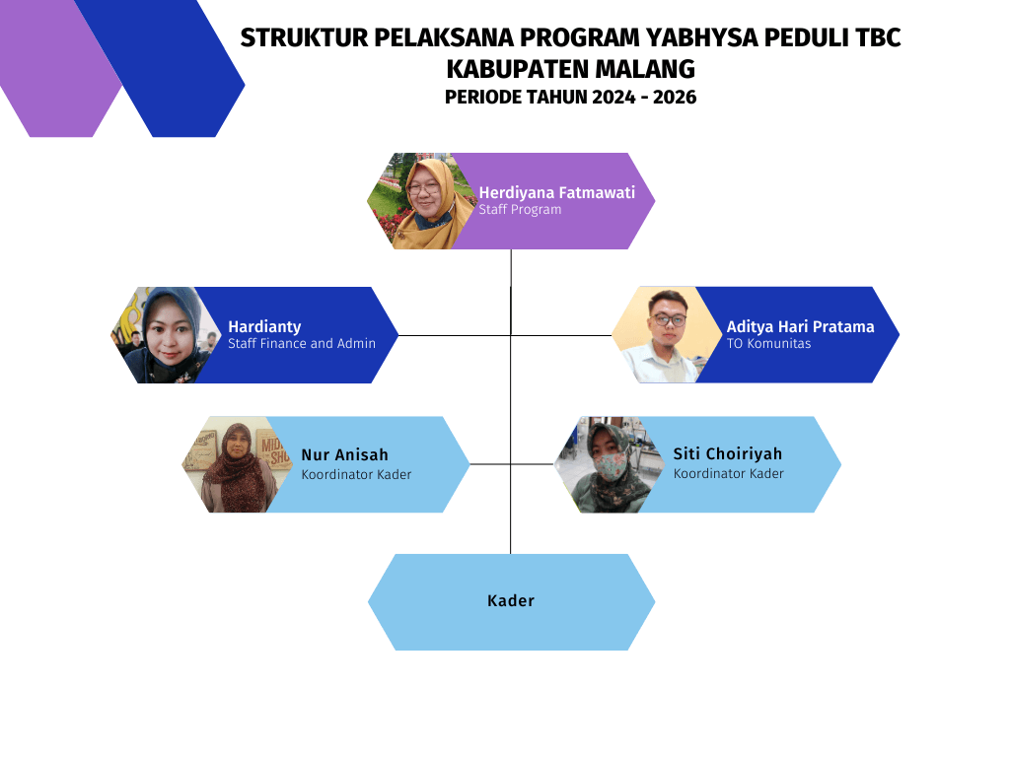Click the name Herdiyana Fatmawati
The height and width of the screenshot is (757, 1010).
(556, 192)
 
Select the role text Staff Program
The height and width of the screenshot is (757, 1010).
(520, 209)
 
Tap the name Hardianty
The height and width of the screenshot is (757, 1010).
(264, 327)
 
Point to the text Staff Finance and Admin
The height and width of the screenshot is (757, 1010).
(302, 343)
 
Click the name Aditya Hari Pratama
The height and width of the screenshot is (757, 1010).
(800, 327)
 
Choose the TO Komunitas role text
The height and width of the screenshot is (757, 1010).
(768, 343)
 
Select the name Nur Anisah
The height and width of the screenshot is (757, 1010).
(344, 455)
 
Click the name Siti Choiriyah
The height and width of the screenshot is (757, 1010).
(727, 453)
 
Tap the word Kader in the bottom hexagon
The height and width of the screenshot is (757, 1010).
(511, 600)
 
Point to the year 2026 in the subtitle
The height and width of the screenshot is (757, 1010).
(675, 98)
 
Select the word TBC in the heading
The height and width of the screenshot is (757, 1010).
(878, 38)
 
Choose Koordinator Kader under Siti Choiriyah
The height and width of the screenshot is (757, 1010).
(729, 474)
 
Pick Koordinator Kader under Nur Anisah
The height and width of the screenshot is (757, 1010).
(356, 474)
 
